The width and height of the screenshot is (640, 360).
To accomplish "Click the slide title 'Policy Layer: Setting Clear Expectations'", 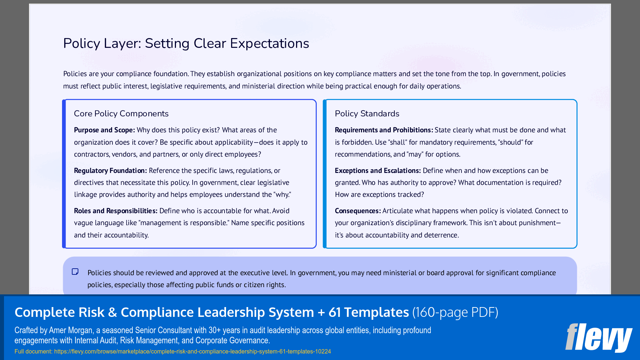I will (x=186, y=44).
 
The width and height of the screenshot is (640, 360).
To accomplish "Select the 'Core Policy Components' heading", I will (x=121, y=113).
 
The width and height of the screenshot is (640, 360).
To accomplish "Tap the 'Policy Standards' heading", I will (x=367, y=113).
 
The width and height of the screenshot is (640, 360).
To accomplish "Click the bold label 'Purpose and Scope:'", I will (x=104, y=130).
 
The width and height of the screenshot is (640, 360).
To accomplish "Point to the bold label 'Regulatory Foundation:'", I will (x=110, y=171).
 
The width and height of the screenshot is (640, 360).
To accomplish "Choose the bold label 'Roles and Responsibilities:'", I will (x=115, y=211).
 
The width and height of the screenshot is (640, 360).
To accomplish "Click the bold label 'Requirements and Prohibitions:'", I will (x=383, y=130).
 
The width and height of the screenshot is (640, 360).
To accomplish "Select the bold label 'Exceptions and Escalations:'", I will (x=377, y=171).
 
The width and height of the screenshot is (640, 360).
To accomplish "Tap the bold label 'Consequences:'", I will (x=357, y=211).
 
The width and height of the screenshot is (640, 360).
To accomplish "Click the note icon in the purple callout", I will (x=75, y=272).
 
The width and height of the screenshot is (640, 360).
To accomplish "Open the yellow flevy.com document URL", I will (x=192, y=351).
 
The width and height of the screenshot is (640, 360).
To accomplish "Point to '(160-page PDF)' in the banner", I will (x=455, y=312).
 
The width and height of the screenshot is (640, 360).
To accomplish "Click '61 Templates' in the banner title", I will (x=369, y=312).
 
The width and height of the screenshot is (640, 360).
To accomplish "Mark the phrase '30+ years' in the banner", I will (x=224, y=330).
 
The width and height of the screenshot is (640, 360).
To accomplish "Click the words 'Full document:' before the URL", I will (x=33, y=351).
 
